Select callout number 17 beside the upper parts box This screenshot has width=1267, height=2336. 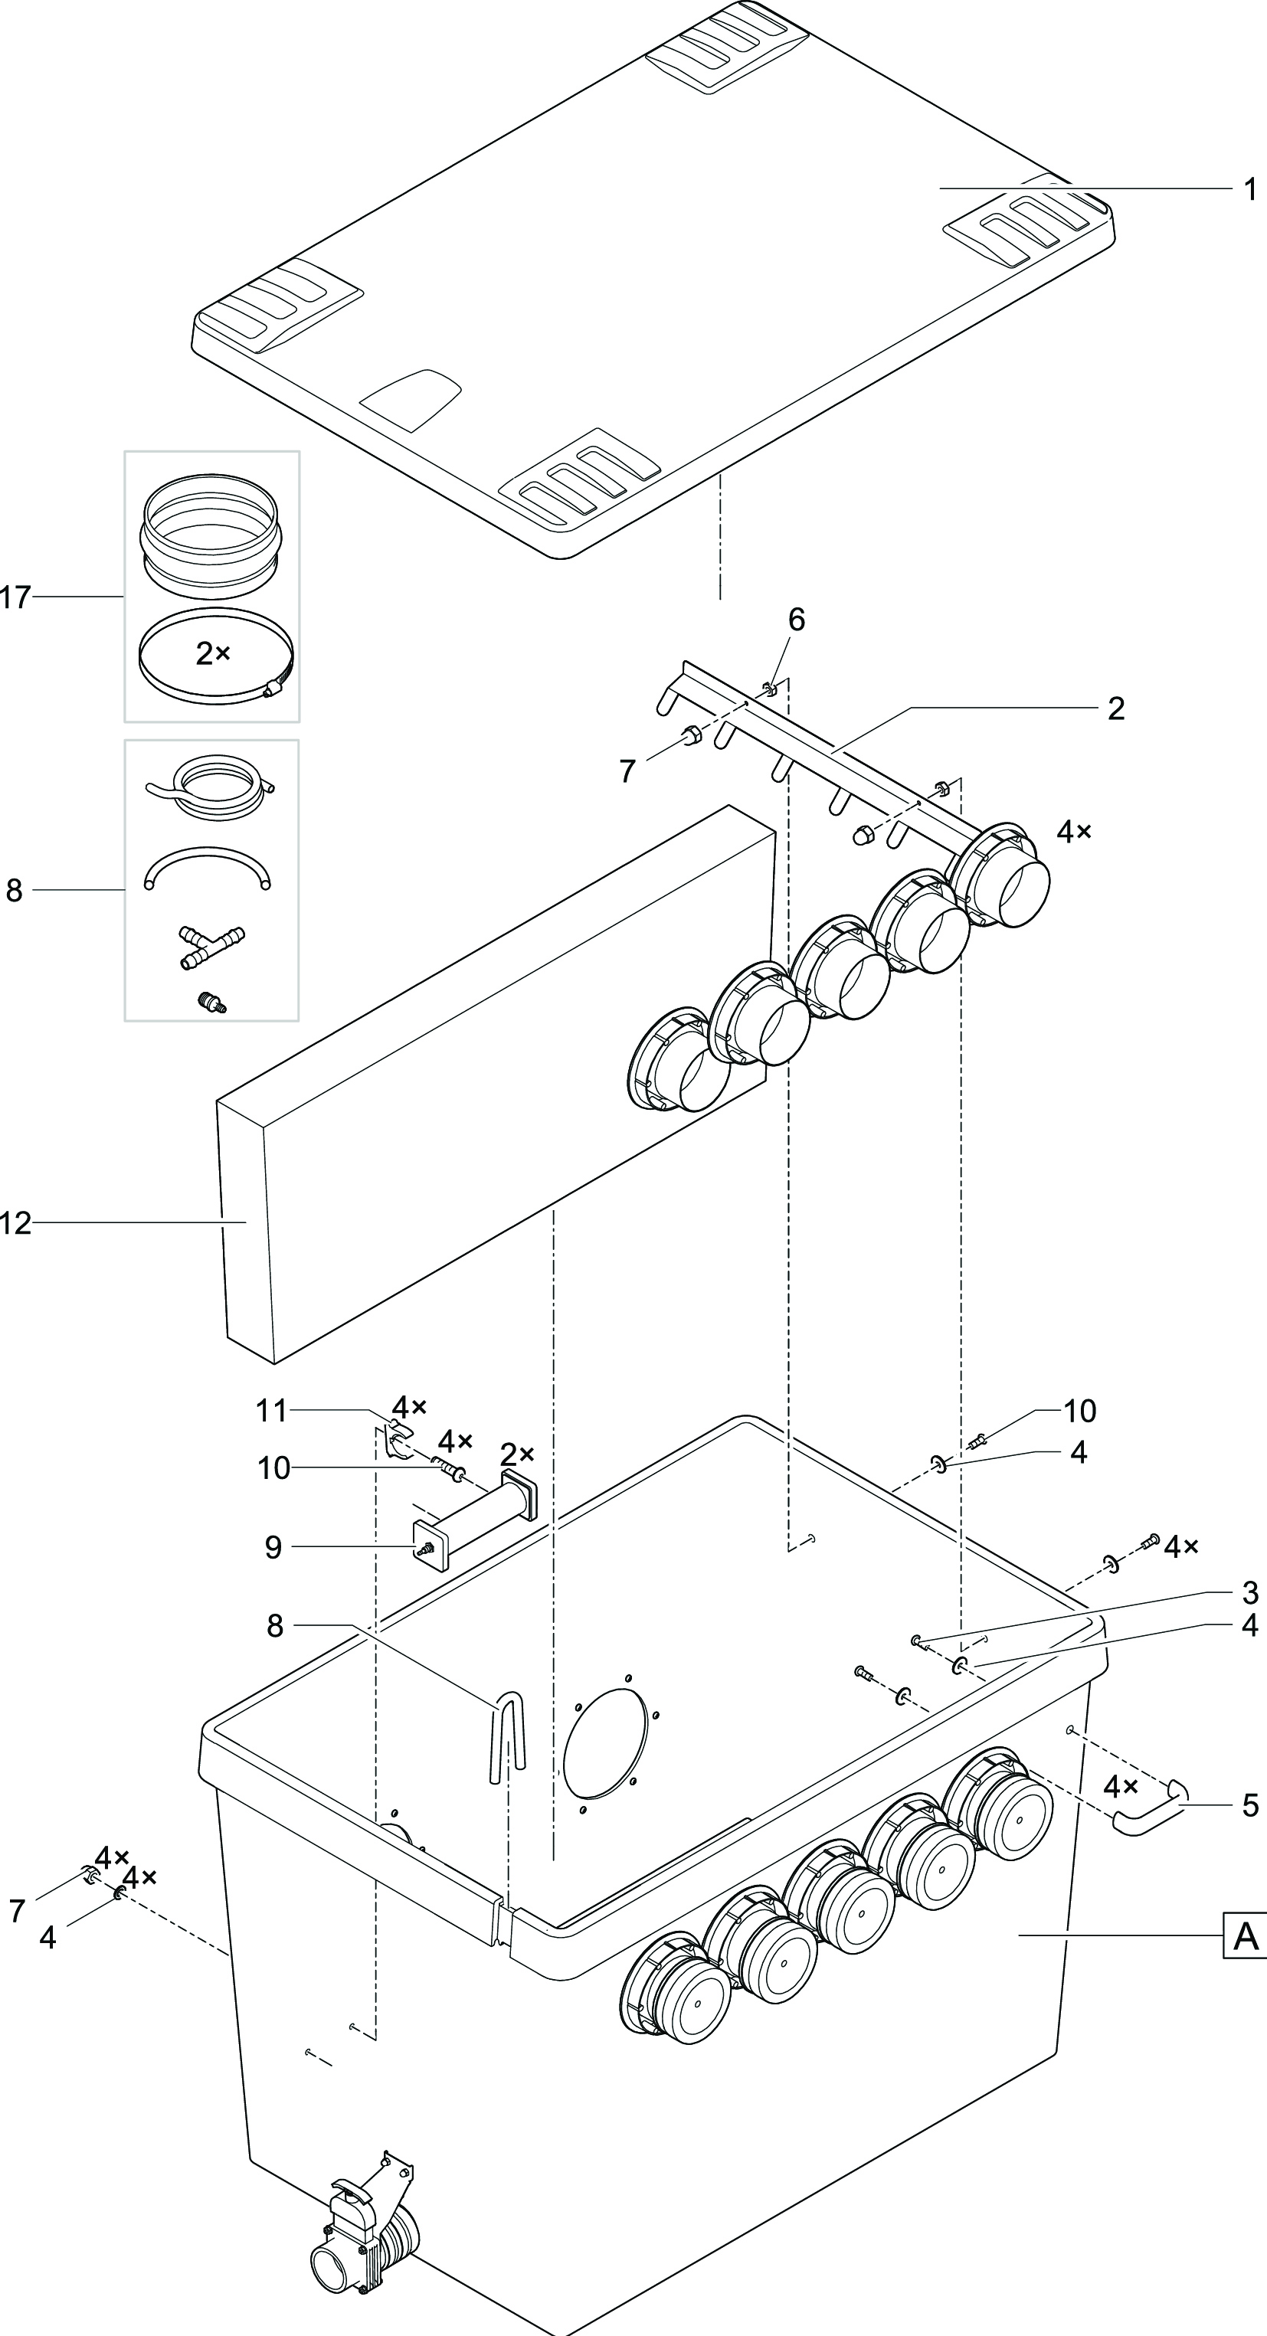coord(15,597)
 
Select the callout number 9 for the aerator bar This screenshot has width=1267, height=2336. coord(273,1547)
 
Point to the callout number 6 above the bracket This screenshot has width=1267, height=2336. coord(795,620)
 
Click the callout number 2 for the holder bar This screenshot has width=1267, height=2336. coord(1115,708)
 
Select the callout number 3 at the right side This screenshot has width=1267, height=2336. coord(1250,1592)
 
